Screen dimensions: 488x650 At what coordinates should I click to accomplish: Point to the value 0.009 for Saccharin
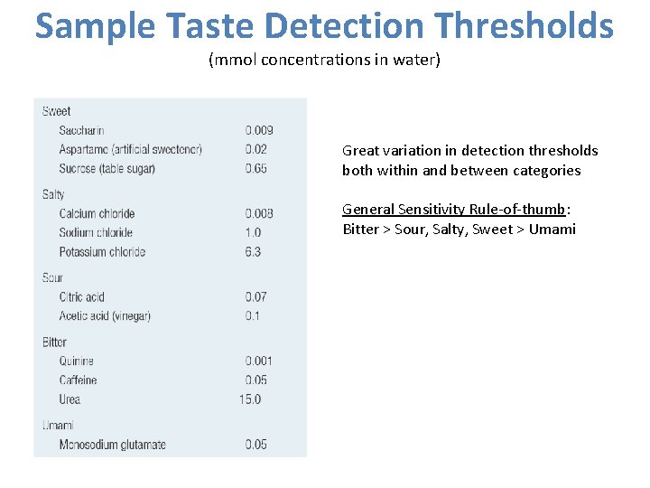[259, 131]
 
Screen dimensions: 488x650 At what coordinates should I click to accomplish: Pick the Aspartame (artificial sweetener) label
[130, 149]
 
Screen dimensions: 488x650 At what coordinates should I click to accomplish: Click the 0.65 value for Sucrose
[256, 169]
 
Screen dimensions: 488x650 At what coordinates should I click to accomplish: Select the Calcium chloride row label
[97, 213]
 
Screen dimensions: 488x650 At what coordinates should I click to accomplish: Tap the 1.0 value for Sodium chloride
[254, 232]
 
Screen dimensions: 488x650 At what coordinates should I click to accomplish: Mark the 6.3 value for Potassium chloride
[253, 251]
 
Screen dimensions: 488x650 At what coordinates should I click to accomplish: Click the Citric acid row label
[82, 297]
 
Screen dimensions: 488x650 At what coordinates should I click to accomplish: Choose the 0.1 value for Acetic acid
[253, 316]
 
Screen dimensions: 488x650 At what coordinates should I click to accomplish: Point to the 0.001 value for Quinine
[259, 361]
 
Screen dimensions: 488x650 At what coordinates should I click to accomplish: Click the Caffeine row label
[78, 380]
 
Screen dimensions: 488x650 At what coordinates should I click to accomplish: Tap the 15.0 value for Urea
[250, 399]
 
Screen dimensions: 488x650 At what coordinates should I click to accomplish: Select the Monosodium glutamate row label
[112, 445]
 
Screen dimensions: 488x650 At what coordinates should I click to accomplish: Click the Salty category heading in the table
[53, 194]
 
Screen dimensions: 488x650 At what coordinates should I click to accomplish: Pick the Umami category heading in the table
[57, 425]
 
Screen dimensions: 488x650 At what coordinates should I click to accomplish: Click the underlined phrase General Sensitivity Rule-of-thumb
[453, 210]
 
